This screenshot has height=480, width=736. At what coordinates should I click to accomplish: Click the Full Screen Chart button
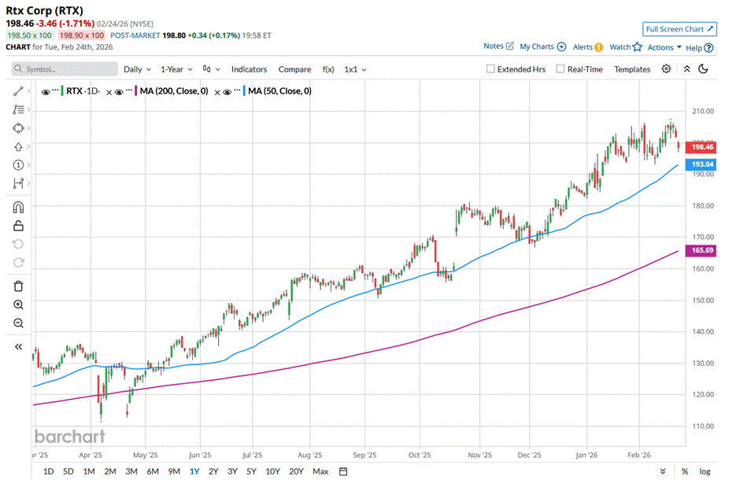coord(679,29)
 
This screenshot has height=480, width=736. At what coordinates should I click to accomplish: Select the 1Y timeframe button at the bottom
coord(194,471)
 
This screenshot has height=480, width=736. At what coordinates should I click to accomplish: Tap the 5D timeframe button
coord(68,471)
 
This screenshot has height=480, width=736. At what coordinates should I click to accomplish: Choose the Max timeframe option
coord(320,471)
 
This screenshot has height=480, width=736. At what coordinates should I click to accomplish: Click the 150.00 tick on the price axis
coord(702,300)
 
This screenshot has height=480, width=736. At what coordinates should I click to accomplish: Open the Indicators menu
coord(249,69)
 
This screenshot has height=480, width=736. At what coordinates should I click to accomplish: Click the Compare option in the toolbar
coord(294,69)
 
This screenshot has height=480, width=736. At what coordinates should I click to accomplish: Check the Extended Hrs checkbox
coord(491,69)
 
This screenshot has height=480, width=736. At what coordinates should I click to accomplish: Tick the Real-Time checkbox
coord(560,69)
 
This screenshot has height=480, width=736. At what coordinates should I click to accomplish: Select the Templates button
coord(632,69)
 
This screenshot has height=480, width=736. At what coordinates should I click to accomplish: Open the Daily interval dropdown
coord(137,69)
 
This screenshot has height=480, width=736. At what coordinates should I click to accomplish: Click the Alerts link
coord(587,47)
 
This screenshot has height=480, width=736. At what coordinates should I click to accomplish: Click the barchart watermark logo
coord(69,436)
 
